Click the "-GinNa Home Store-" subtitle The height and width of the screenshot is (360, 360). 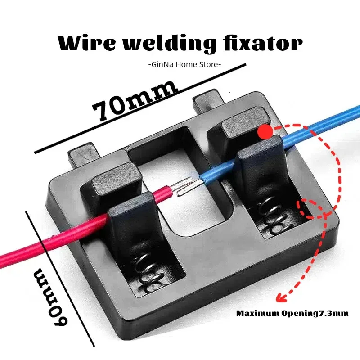pyautogui.click(x=184, y=64)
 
